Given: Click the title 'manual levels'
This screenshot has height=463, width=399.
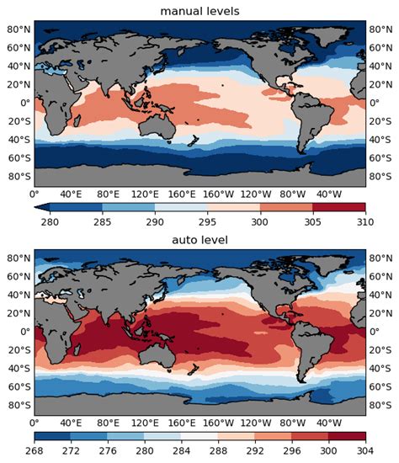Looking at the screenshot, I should pyautogui.click(x=200, y=10).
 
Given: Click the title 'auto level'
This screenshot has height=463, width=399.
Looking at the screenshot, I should pyautogui.click(x=200, y=240).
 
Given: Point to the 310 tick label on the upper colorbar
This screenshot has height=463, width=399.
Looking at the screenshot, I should pyautogui.click(x=365, y=221).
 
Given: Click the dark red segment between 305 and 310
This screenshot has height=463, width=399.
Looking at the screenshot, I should pyautogui.click(x=338, y=208).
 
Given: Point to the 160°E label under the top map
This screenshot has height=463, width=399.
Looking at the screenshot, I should pyautogui.click(x=180, y=194).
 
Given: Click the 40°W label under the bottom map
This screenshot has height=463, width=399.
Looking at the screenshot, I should pyautogui.click(x=328, y=423).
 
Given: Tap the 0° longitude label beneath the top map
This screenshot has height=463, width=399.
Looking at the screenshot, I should pyautogui.click(x=35, y=194).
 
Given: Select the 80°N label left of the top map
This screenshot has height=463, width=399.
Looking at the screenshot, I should pyautogui.click(x=17, y=29).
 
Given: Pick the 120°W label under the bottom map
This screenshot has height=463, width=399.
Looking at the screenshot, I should pyautogui.click(x=254, y=423).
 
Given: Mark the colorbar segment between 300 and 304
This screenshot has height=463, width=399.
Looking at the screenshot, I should pyautogui.click(x=347, y=438).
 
